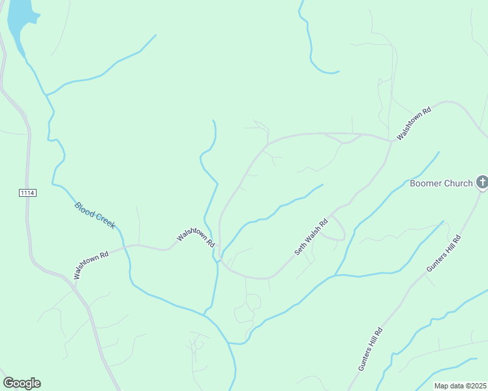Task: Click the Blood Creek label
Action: pos(95,215)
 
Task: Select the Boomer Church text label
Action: pos(440,183)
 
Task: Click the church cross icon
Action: pos(482,182)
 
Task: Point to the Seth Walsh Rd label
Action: pos(311,237)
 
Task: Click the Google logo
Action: pos(22,383)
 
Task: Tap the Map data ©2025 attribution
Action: pos(460,386)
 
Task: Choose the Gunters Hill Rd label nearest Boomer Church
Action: pos(444,253)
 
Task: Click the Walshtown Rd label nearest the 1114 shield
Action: pos(91,265)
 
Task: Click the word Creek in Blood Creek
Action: pos(105,221)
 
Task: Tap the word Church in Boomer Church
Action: pos(458,183)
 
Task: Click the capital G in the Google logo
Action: pos(8,383)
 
